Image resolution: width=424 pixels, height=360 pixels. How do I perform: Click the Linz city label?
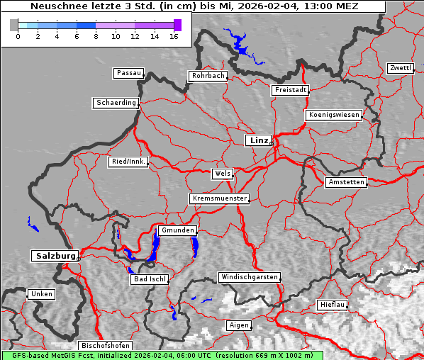click(x=258, y=140)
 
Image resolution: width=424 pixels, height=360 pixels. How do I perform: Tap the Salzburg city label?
click(x=54, y=256)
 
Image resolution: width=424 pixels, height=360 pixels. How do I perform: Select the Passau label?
click(x=128, y=73)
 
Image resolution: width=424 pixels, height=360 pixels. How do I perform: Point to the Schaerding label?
click(x=116, y=103)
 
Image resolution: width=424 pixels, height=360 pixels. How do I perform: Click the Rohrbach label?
click(x=207, y=76)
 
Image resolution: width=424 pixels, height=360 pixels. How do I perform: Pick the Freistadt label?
click(x=290, y=90)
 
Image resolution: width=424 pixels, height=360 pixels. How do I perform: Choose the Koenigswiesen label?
click(x=333, y=115)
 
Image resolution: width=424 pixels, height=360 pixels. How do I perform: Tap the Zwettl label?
click(x=400, y=68)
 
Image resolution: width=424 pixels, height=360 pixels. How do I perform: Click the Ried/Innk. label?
click(x=128, y=162)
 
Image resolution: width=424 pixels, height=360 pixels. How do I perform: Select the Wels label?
click(x=221, y=174)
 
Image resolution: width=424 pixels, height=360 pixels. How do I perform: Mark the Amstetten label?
click(x=346, y=182)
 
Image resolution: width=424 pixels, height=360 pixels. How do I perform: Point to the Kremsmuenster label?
click(x=219, y=198)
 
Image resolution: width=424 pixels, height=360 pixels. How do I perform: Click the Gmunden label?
click(x=177, y=230)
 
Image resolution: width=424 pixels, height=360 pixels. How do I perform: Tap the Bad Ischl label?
click(x=149, y=279)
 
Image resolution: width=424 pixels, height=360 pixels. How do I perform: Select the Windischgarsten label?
click(x=248, y=277)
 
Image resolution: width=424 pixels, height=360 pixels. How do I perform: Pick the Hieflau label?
click(x=333, y=304)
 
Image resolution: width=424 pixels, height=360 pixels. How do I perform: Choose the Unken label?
click(x=40, y=293)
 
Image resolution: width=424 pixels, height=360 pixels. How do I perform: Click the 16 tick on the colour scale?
click(x=174, y=35)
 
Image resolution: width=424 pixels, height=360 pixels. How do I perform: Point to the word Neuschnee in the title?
click(x=55, y=6)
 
